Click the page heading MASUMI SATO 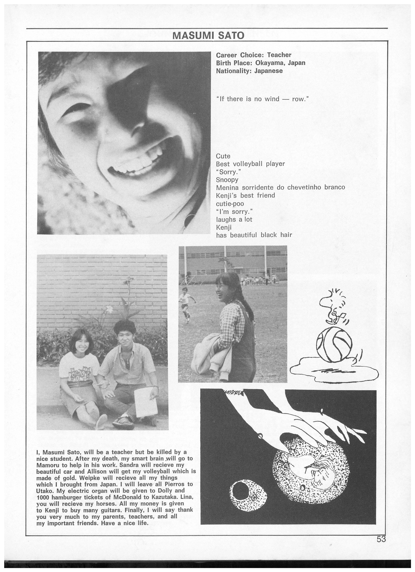point(208,35)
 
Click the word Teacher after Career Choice point(279,55)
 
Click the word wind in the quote point(272,99)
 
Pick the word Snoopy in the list point(227,180)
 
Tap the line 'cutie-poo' point(230,204)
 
